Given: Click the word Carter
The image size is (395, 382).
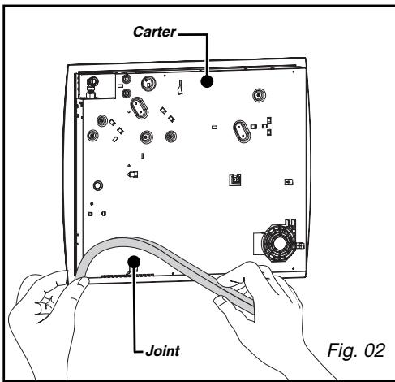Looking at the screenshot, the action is [154, 32].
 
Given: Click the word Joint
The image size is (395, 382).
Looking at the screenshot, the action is [162, 352].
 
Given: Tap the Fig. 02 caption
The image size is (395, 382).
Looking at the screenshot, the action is [356, 350].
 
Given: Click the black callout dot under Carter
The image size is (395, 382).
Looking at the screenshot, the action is [207, 81].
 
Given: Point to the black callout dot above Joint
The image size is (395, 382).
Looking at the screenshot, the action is [134, 262].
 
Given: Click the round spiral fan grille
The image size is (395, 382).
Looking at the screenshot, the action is [278, 243].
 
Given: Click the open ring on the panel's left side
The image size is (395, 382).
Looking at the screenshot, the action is [98, 185].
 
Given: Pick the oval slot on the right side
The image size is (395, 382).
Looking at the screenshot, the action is [242, 132].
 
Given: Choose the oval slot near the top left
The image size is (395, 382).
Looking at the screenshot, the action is [140, 107].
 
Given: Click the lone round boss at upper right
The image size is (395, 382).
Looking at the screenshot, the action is [259, 95].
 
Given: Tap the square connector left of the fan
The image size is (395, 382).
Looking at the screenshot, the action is [235, 180].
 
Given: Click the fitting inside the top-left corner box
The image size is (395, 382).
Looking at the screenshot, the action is [92, 86].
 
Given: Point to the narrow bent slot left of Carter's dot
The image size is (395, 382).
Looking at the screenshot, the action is [180, 87].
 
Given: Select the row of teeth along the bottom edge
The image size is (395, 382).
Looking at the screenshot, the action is [127, 276].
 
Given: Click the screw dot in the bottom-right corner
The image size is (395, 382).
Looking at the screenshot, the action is [294, 269].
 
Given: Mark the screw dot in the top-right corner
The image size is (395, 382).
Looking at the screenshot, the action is [294, 72].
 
